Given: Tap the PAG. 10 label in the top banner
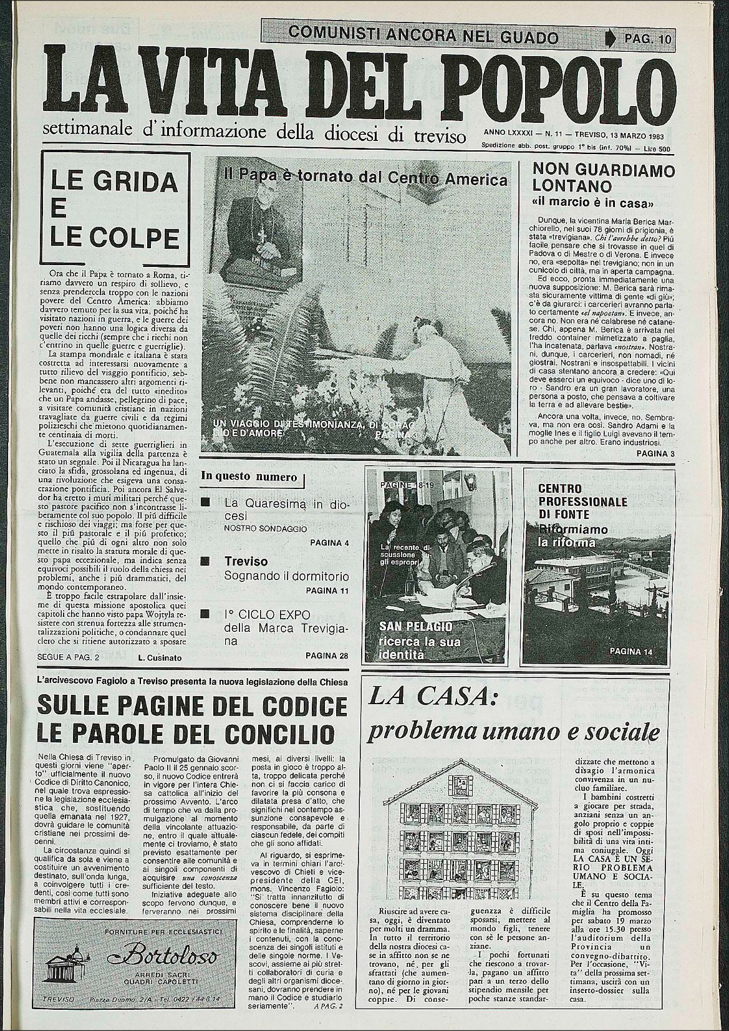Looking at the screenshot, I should click(x=647, y=39).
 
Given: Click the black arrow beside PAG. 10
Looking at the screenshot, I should click(x=611, y=39).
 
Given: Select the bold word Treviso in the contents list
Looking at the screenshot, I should click(x=246, y=561).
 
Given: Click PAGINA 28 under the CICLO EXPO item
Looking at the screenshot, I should click(x=326, y=656).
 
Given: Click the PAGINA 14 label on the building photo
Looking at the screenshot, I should click(x=630, y=652).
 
